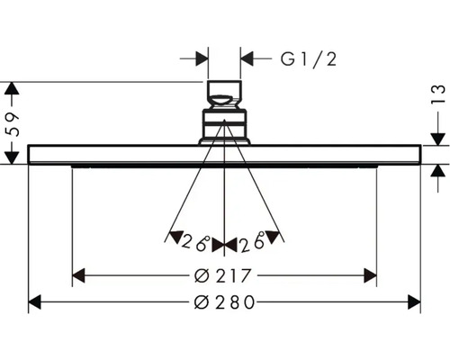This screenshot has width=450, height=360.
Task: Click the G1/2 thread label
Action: tap(309, 59)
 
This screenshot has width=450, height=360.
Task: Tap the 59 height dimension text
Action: tap(12, 124)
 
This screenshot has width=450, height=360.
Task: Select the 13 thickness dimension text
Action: tap(438, 94)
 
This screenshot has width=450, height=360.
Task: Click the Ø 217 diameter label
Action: tap(222, 275)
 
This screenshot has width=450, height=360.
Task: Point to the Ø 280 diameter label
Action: tap(224, 302)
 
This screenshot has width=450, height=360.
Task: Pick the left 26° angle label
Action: tap(194, 242)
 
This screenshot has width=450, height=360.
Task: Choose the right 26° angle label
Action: tap(252, 242)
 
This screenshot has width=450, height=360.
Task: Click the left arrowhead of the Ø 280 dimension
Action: tap(34, 302)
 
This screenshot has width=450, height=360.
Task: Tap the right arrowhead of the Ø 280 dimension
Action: tap(414, 302)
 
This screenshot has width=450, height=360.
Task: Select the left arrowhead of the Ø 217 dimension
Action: tap(78, 275)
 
